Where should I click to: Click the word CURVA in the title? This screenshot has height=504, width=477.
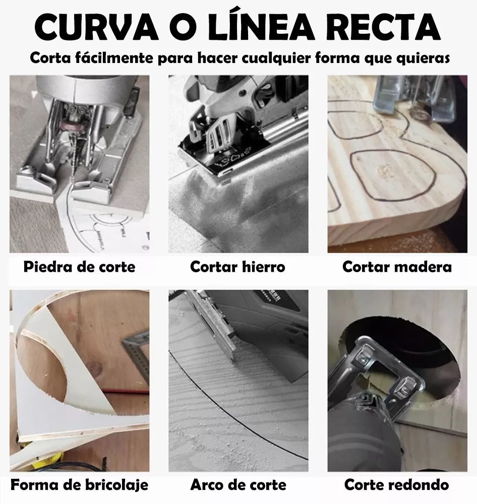tap(96, 27)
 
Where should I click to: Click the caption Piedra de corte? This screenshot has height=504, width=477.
tap(80, 267)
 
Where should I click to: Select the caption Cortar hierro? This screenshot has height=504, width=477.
tap(237, 267)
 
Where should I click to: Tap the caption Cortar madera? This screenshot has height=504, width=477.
tap(397, 267)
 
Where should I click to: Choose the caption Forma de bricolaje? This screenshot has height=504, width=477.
tap(80, 485)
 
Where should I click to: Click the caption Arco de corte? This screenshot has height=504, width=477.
tap(239, 485)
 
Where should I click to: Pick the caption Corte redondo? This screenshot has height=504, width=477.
tap(397, 485)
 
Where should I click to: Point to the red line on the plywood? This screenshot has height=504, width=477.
tap(126, 391)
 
